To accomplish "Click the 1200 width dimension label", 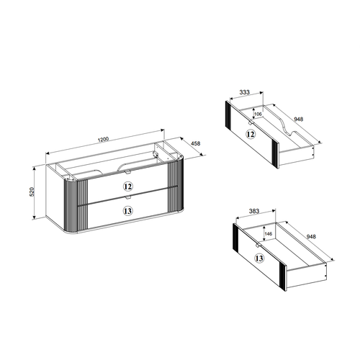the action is pyautogui.click(x=104, y=139).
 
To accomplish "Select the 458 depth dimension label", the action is pyautogui.click(x=195, y=143).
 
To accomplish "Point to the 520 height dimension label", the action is pyautogui.click(x=32, y=192).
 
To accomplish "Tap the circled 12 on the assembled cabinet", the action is pyautogui.click(x=127, y=186).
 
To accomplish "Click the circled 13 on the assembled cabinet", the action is pyautogui.click(x=128, y=211).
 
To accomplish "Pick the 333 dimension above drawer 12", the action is pyautogui.click(x=244, y=92).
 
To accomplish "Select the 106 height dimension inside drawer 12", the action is pyautogui.click(x=258, y=114).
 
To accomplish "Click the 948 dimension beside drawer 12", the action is pyautogui.click(x=298, y=119).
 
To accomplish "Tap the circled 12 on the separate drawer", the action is pyautogui.click(x=251, y=134).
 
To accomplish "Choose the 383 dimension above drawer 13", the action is pyautogui.click(x=254, y=211).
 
